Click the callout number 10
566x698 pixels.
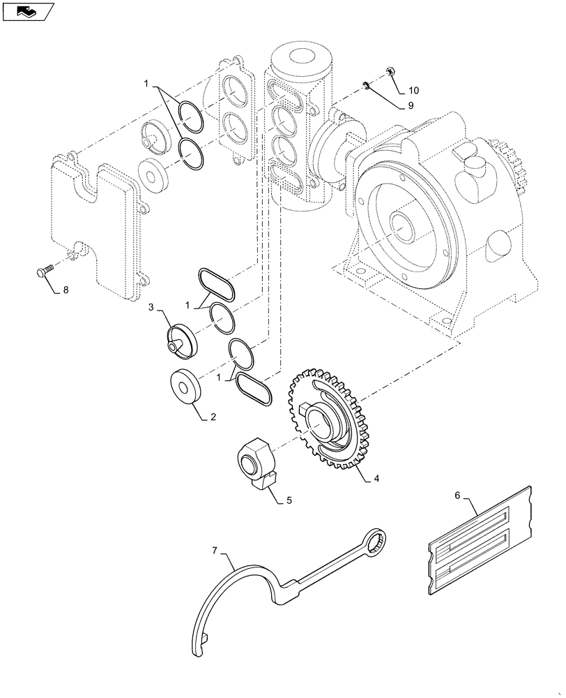(414, 91)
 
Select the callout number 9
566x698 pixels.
(411, 106)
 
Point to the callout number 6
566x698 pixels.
(457, 496)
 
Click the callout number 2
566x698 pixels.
(213, 417)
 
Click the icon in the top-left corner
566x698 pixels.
(27, 12)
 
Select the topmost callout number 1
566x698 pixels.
(146, 84)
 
